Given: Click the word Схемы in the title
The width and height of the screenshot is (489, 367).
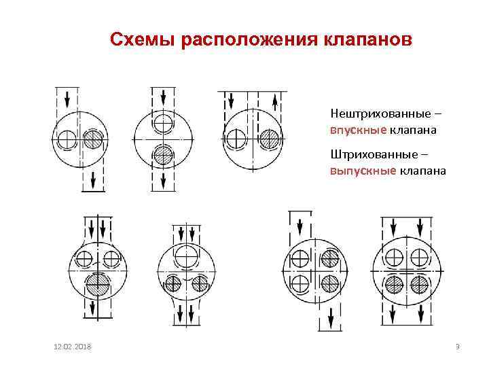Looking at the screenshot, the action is (x=142, y=39).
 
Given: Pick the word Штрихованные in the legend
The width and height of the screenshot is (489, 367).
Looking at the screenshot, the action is (x=374, y=154).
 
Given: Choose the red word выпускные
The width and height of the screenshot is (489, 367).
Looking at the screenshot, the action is (x=363, y=171).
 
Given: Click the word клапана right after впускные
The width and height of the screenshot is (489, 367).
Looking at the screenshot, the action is (x=412, y=130).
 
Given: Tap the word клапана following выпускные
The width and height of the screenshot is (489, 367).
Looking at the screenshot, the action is (x=423, y=171).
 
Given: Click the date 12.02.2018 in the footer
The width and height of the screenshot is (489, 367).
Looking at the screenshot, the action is (x=73, y=347).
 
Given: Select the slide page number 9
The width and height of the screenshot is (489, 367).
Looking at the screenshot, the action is (x=458, y=347).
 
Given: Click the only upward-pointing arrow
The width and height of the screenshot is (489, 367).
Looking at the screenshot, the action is (x=275, y=103).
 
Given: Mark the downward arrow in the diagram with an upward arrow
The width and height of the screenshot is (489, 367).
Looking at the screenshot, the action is (x=231, y=101).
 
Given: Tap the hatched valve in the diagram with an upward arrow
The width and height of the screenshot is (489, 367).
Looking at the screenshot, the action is (x=270, y=139).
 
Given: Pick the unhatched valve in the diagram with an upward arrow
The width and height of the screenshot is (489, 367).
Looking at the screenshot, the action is (x=236, y=139).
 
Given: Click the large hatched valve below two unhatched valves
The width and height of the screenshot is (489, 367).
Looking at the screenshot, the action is (x=98, y=285).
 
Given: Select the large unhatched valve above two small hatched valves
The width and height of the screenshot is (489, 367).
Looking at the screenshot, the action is (x=186, y=256).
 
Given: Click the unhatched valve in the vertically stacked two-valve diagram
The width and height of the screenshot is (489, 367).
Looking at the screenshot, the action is (x=163, y=123).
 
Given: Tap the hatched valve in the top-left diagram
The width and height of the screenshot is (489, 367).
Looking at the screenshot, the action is (x=93, y=139).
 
